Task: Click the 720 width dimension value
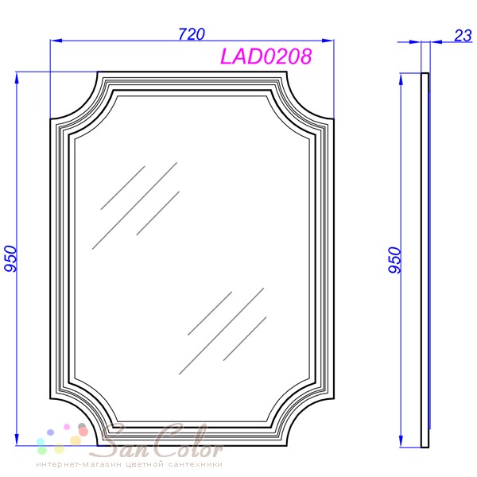[192, 34]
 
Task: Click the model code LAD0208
[266, 56]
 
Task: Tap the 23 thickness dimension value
[463, 36]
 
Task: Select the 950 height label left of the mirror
[10, 258]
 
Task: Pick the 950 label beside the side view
[395, 260]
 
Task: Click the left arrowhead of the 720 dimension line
[56, 41]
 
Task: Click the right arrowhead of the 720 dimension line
[328, 41]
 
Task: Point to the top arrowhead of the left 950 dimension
[17, 78]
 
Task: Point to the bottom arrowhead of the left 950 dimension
[17, 440]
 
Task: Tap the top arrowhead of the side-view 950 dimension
[401, 79]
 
